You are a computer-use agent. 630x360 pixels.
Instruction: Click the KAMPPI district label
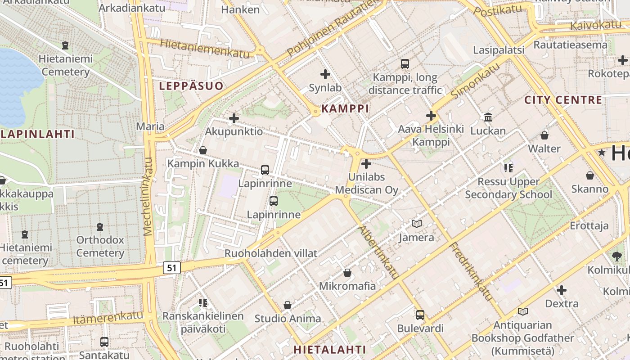pyautogui.click(x=345, y=108)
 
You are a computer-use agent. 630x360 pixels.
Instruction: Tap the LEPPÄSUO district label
pyautogui.click(x=191, y=86)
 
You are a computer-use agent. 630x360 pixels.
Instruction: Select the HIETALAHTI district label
pyautogui.click(x=329, y=350)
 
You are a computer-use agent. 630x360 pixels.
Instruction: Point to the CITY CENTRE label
pyautogui.click(x=563, y=100)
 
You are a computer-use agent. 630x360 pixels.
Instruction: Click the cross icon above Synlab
pyautogui.click(x=325, y=74)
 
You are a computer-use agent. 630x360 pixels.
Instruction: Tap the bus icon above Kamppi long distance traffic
pyautogui.click(x=405, y=64)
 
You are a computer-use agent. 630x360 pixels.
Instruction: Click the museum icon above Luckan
pyautogui.click(x=488, y=117)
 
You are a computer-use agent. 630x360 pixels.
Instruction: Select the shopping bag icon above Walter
pyautogui.click(x=544, y=135)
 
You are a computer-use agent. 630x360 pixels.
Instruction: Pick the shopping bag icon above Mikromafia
pyautogui.click(x=347, y=273)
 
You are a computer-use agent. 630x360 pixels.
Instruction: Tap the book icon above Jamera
pyautogui.click(x=416, y=224)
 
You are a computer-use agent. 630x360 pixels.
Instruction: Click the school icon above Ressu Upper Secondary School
pyautogui.click(x=508, y=168)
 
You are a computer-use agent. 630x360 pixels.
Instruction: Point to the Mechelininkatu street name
pyautogui.click(x=148, y=197)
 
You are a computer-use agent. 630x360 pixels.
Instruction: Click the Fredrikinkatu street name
pyautogui.click(x=472, y=272)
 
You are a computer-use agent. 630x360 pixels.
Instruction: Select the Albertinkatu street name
pyautogui.click(x=378, y=252)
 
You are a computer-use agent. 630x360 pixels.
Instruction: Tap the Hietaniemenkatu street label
pyautogui.click(x=204, y=49)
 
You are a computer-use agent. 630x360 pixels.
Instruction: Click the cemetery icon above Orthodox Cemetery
pyautogui.click(x=99, y=227)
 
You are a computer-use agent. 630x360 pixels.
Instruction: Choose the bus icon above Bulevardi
pyautogui.click(x=420, y=315)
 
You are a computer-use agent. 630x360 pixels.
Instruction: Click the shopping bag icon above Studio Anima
pyautogui.click(x=288, y=306)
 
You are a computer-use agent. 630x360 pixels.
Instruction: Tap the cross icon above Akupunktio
pyautogui.click(x=234, y=119)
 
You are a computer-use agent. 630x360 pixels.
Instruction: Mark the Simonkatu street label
pyautogui.click(x=475, y=81)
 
